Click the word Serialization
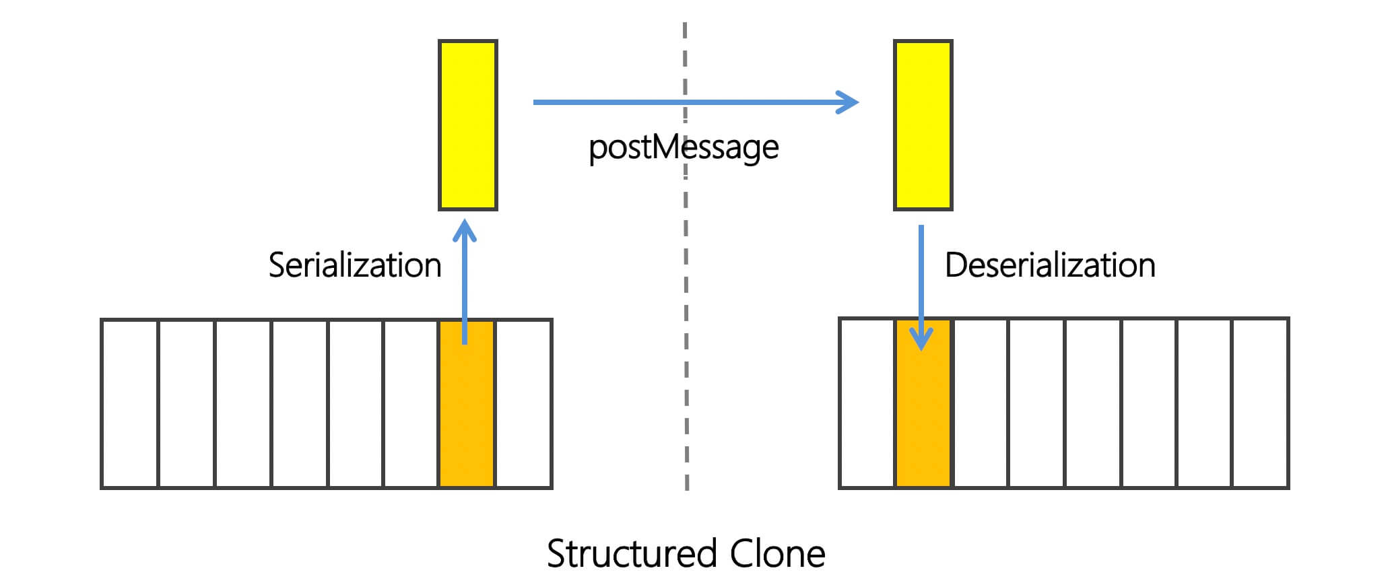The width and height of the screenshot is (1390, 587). pos(355,265)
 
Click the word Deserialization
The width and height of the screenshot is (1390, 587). pos(1050,265)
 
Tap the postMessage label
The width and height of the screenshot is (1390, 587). pos(684,147)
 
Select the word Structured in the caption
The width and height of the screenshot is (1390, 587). pos(632,554)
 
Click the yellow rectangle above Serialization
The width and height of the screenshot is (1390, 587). pos(468,125)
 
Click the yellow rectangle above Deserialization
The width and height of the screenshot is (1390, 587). pos(923,125)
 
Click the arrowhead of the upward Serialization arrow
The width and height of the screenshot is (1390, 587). pos(465,229)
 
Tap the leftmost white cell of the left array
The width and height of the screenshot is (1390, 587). pos(130,404)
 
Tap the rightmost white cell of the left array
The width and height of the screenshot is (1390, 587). pos(523,404)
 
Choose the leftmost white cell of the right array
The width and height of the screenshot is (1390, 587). pos(867,404)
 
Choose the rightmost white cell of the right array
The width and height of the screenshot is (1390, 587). pos(1260,404)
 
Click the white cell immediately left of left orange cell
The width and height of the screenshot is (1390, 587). pos(411,404)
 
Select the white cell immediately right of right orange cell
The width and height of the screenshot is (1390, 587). pos(980,404)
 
